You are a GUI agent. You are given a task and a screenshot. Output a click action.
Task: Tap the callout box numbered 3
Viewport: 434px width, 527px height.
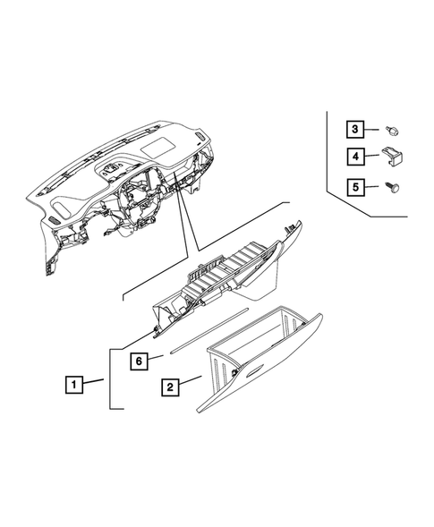[x=355, y=131]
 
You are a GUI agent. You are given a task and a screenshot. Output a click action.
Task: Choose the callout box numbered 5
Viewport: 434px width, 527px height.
[x=355, y=188]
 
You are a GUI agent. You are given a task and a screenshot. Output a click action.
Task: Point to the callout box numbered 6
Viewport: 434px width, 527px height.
[x=139, y=361]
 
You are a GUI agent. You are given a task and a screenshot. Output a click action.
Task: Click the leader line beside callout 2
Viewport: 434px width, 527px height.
[x=191, y=383]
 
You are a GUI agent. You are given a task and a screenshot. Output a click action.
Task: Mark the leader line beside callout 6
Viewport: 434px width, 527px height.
[x=157, y=359]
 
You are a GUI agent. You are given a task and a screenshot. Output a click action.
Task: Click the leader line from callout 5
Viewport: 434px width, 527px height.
[x=376, y=188]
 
